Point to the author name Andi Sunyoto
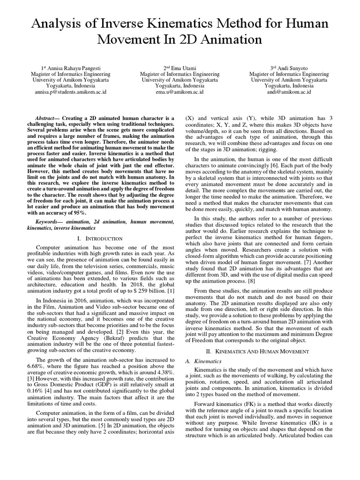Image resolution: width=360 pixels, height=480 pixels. [x=289, y=68]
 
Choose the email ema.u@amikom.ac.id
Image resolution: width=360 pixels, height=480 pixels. [x=180, y=92]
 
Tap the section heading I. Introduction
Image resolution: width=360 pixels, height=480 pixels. [x=99, y=239]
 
